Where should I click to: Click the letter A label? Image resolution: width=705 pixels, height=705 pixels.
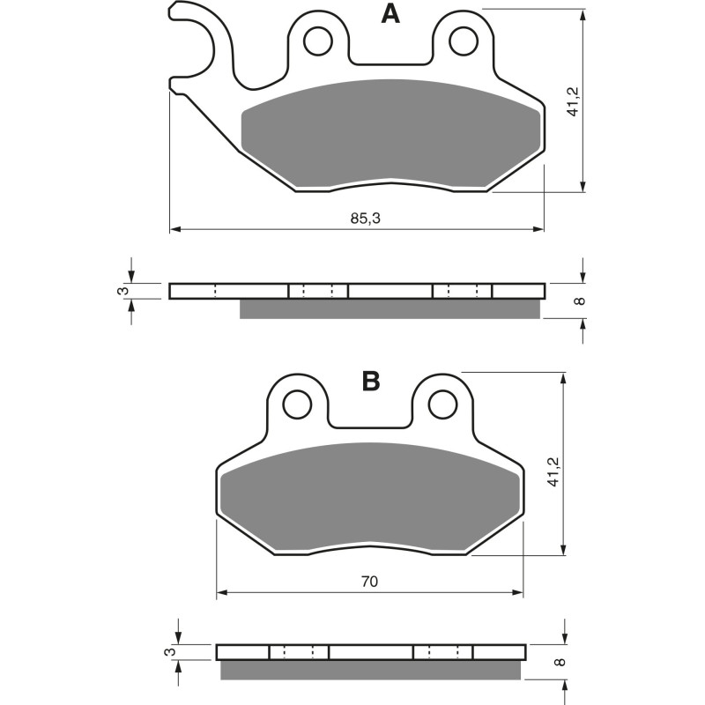pyautogui.click(x=390, y=14)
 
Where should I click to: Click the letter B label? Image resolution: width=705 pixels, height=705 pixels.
pyautogui.click(x=371, y=382)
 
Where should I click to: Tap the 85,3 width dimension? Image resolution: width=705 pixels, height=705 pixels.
pyautogui.click(x=365, y=219)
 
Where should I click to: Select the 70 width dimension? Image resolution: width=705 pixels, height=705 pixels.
pyautogui.click(x=369, y=582)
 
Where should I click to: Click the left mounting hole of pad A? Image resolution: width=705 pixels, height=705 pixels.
pyautogui.click(x=318, y=40)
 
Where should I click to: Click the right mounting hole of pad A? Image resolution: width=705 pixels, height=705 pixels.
pyautogui.click(x=462, y=40)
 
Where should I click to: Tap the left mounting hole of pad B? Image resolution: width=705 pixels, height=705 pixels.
pyautogui.click(x=297, y=404)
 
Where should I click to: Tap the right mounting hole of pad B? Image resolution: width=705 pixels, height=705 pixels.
pyautogui.click(x=441, y=404)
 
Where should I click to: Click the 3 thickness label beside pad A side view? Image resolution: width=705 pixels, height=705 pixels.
pyautogui.click(x=124, y=291)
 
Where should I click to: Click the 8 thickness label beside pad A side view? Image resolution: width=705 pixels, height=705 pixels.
pyautogui.click(x=578, y=301)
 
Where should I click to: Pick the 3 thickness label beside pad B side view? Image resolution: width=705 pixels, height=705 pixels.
pyautogui.click(x=171, y=652)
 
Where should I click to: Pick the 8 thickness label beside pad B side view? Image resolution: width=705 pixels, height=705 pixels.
pyautogui.click(x=558, y=661)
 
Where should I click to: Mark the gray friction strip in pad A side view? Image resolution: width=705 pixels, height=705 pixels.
pyautogui.click(x=390, y=308)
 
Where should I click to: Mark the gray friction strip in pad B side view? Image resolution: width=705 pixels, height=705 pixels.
pyautogui.click(x=370, y=671)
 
